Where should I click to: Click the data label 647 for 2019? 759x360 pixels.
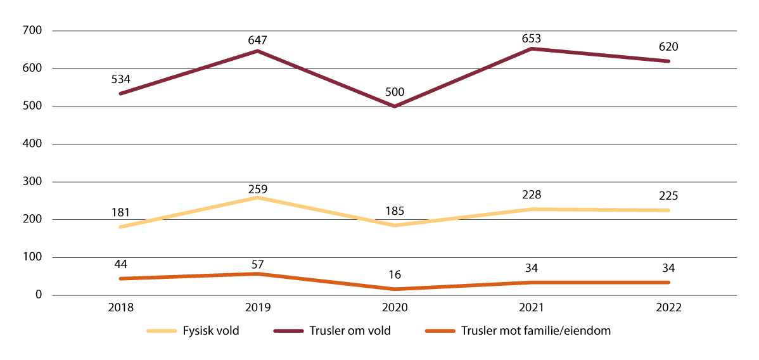pos(257,40)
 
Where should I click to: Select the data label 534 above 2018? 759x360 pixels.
pos(120,80)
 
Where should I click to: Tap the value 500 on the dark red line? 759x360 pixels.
pos(395,93)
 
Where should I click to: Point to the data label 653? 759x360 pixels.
pos(532,38)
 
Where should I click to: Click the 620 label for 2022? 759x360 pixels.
pos(668,47)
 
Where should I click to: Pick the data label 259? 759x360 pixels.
pos(257,188)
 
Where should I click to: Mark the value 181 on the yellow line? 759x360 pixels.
pos(120,213)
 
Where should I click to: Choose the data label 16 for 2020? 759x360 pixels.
pos(395,275)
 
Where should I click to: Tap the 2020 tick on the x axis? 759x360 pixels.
pos(395,308)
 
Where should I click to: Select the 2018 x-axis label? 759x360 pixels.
pos(120,308)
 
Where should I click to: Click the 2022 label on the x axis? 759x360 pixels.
pos(668,308)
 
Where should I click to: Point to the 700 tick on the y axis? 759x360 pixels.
pos(32,30)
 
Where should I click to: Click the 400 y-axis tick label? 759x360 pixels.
pos(32,144)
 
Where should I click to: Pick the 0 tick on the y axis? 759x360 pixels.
pos(39,295)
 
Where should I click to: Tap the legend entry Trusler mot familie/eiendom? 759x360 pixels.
pos(535,331)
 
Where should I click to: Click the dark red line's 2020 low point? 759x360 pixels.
pos(395,106)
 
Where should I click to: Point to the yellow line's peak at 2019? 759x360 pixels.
pos(257,198)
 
